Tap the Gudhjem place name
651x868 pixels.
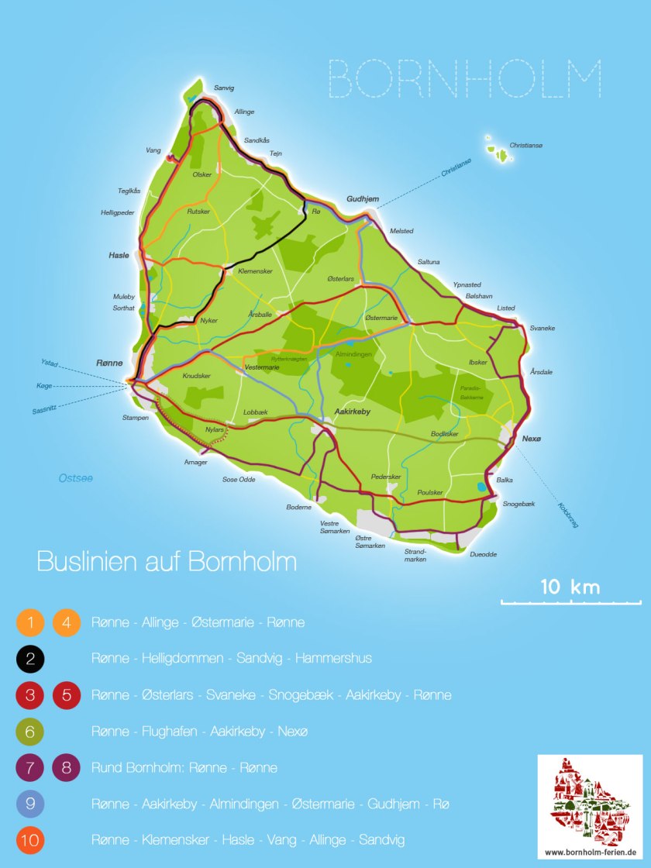coord(363,199)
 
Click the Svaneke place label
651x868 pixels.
coord(542,328)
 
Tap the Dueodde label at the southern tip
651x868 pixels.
coord(483,554)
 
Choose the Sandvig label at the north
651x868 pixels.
coord(224,88)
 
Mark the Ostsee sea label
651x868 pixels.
coord(76,478)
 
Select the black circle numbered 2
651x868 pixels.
coord(30,659)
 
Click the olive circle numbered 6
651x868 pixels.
coord(30,731)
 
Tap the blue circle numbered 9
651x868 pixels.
coord(30,804)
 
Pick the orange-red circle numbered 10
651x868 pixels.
coord(30,840)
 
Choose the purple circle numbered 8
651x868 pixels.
coord(67,767)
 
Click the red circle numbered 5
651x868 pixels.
coord(67,695)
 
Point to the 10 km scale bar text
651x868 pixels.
coord(570,587)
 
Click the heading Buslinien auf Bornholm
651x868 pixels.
coord(167,561)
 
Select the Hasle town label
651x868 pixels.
coord(119,255)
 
